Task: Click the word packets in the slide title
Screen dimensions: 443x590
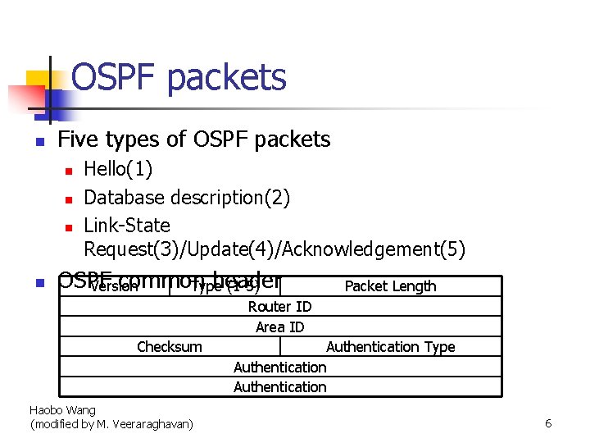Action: pos(226,78)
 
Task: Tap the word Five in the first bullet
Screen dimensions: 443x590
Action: pos(78,139)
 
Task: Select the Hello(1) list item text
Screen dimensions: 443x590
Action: pos(118,170)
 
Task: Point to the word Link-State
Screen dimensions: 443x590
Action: pos(127,225)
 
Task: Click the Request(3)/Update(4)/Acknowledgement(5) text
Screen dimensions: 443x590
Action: pos(275,249)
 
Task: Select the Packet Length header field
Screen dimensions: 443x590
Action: pos(390,286)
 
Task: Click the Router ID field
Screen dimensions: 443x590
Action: pos(279,307)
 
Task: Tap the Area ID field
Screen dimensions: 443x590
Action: pos(279,327)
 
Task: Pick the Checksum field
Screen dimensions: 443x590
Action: pos(169,347)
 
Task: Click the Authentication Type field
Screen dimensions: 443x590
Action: pos(390,347)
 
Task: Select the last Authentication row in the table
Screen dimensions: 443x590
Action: pos(279,387)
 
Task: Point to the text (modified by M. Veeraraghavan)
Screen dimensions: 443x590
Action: pos(111,424)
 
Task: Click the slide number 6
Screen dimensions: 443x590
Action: pos(548,423)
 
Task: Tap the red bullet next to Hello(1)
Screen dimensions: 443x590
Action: pos(70,171)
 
